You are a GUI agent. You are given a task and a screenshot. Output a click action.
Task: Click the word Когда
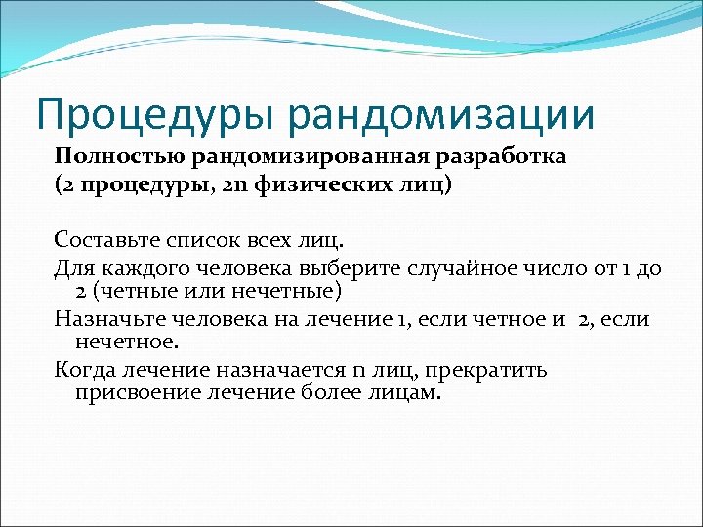[x=84, y=370]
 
